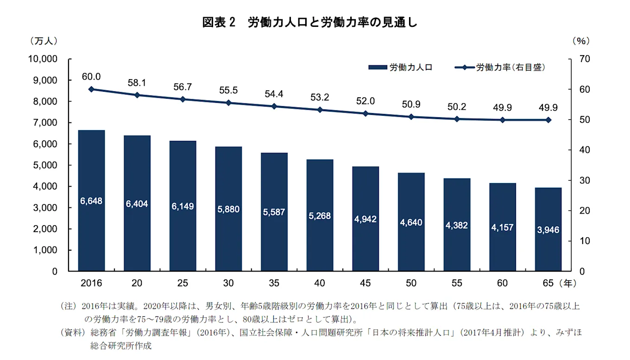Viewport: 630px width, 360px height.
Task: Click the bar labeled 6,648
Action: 91,201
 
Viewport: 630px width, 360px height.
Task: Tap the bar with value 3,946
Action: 548,229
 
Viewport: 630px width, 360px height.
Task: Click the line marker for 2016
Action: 91,89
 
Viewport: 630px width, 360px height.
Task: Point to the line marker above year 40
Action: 320,110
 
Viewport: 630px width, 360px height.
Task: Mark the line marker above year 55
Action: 457,119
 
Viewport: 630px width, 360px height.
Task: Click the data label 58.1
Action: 137,83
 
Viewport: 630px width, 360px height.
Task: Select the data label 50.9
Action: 411,105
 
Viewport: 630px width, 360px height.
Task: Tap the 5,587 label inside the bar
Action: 274,212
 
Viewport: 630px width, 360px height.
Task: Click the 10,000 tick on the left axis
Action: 43,59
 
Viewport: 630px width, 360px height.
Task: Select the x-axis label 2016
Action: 91,283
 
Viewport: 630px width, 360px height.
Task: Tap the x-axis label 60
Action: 502,283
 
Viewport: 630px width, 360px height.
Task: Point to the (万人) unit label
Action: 44,41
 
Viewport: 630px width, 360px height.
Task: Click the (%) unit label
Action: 581,41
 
